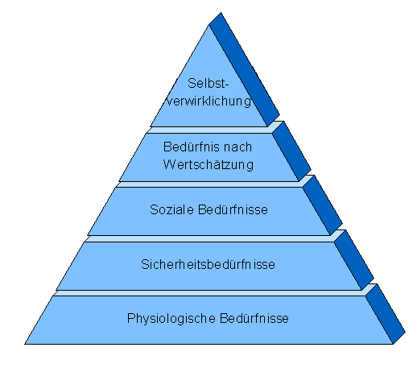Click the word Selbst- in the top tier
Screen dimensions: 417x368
[x=208, y=83]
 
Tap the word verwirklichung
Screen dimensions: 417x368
[x=208, y=101]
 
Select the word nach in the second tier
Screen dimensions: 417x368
[x=237, y=147]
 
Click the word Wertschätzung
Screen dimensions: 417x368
[x=208, y=164]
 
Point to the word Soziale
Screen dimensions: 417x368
[x=171, y=209]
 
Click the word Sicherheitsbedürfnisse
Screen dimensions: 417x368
[x=208, y=264]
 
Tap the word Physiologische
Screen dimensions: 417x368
[x=171, y=319]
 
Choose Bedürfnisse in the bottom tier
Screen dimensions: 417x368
[x=254, y=318]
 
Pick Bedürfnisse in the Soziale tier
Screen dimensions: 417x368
[x=233, y=209]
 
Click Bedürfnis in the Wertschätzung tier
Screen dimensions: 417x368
[x=191, y=147]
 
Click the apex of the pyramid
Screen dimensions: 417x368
[x=221, y=13]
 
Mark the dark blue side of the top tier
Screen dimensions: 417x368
[x=244, y=69]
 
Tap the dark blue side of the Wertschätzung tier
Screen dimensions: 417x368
[x=291, y=151]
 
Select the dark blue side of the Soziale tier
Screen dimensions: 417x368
[x=323, y=205]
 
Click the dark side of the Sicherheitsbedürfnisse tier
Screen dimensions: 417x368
[x=353, y=259]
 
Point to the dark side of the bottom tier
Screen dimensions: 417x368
[x=386, y=314]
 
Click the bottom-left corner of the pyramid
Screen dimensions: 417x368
[x=25, y=344]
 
